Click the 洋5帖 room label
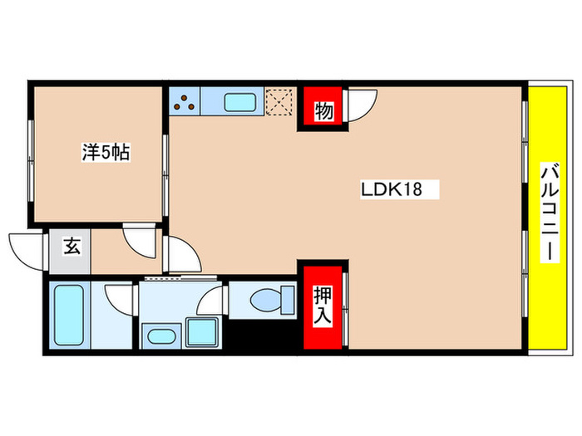pyautogui.click(x=104, y=153)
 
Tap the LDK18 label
pyautogui.click(x=391, y=189)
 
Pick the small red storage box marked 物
pyautogui.click(x=323, y=110)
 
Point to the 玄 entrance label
pyautogui.click(x=71, y=246)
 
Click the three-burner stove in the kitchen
pyautogui.click(x=185, y=102)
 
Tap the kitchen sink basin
pyautogui.click(x=242, y=103)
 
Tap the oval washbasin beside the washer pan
pyautogui.click(x=161, y=336)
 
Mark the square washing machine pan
pyautogui.click(x=202, y=333)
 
